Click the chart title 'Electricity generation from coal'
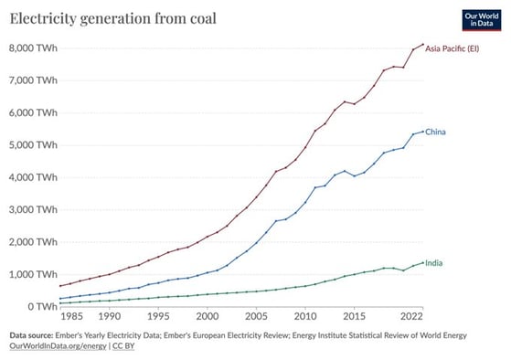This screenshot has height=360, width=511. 112,18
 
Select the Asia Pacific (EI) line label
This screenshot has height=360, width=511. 452,48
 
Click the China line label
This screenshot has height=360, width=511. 435,132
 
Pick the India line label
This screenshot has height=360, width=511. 434,263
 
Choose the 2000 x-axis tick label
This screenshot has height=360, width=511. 209,317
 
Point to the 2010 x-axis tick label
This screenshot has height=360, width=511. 303,317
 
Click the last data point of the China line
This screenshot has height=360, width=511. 422,131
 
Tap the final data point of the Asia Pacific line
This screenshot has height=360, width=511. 422,44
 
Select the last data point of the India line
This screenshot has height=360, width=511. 422,261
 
